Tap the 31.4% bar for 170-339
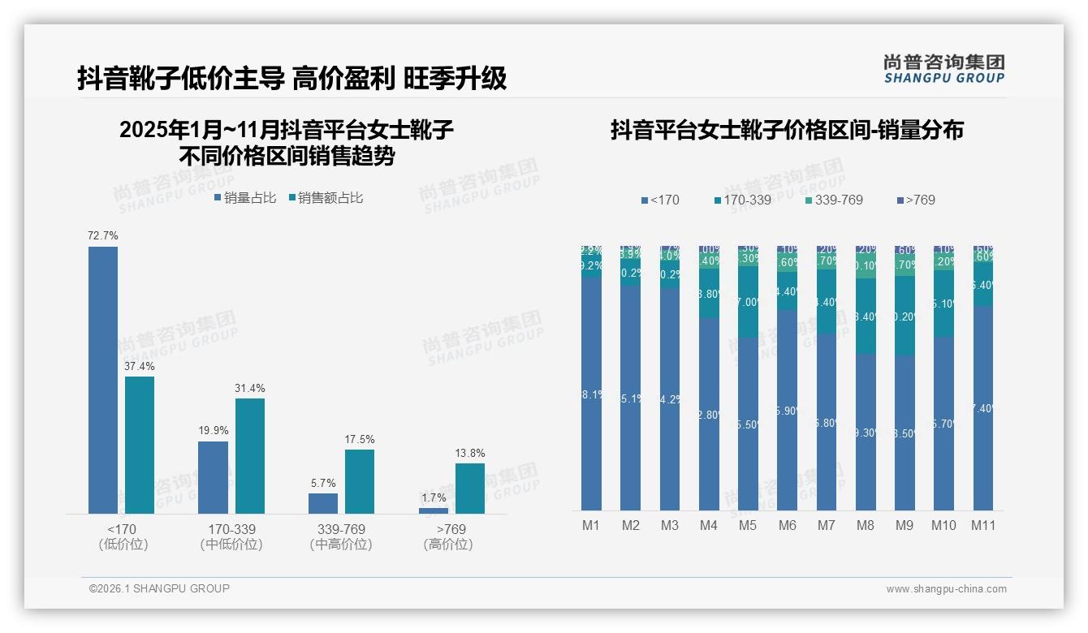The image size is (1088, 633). tap(250, 455)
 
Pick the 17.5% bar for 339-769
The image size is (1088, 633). tap(360, 481)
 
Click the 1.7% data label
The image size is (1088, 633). tap(434, 497)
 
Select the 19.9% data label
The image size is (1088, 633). tap(214, 430)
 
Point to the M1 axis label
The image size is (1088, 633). tap(591, 525)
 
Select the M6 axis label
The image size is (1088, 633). tap(787, 525)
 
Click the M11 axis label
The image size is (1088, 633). tap(983, 525)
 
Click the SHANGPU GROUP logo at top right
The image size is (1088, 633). tap(943, 69)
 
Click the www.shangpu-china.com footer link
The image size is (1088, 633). tap(946, 589)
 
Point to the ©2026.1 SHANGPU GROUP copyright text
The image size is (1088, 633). tap(159, 588)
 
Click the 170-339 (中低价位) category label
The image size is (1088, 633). tap(231, 536)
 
